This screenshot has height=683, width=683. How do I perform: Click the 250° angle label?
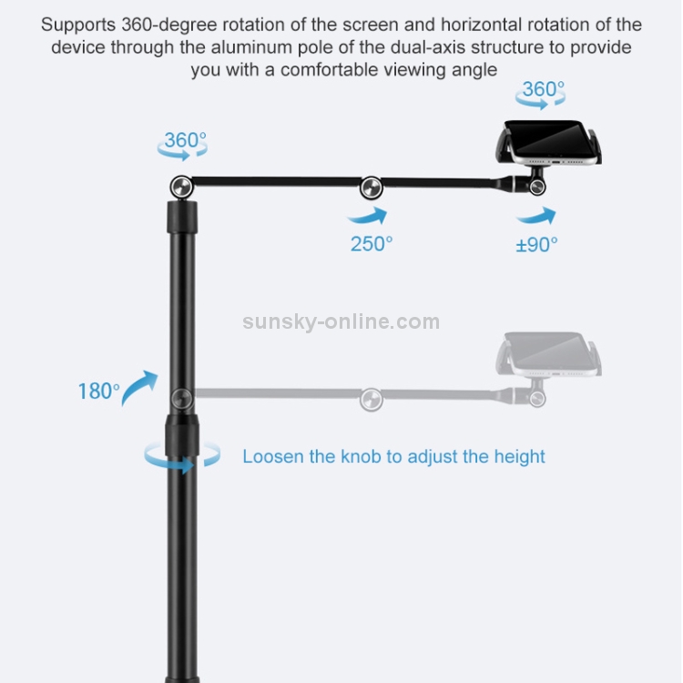372,244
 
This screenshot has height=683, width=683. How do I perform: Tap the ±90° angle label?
536,245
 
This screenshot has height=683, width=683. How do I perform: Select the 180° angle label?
98,391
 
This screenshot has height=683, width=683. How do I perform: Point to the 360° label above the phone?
543,89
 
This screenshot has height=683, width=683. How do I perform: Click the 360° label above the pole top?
185,140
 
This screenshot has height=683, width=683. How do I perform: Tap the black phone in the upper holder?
549,142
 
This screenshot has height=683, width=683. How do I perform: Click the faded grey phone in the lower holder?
549,354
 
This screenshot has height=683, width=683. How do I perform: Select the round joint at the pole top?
181,188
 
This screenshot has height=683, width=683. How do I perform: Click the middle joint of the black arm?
372,189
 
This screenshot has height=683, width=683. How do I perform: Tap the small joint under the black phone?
537,188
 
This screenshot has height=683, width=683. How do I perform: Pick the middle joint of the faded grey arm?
372,400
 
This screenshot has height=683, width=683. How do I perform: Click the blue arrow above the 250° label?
367,215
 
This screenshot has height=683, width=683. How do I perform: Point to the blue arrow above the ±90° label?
536,216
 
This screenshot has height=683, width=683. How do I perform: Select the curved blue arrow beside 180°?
139,388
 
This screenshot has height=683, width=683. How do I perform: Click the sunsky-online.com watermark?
341,321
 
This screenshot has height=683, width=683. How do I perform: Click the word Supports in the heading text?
78,25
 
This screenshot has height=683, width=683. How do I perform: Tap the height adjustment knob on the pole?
181,435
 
